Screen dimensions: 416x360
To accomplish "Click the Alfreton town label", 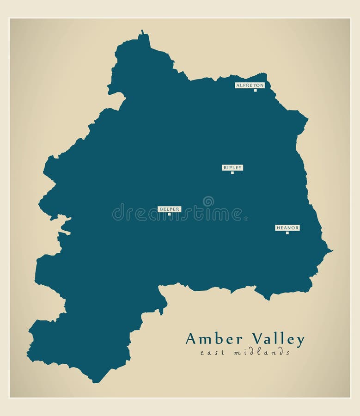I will (x=250, y=85).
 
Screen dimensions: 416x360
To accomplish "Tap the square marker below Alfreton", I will (x=255, y=90).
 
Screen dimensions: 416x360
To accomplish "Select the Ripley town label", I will (x=232, y=167).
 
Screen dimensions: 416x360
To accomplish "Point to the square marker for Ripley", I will (x=232, y=172).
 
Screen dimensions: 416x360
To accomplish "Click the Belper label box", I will (x=169, y=209).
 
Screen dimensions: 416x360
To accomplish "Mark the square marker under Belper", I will (x=169, y=214).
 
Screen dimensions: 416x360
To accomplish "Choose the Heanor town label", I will (x=287, y=227).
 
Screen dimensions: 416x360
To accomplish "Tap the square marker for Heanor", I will (x=287, y=232).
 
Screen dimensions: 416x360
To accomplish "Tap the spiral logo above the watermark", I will (x=208, y=201).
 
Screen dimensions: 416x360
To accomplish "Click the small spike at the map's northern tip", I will (x=142, y=32).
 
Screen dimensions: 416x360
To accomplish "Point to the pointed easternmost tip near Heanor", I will (x=330, y=251).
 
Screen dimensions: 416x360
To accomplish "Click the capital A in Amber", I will (x=190, y=339).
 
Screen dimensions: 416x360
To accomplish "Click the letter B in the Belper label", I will (x=161, y=209).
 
